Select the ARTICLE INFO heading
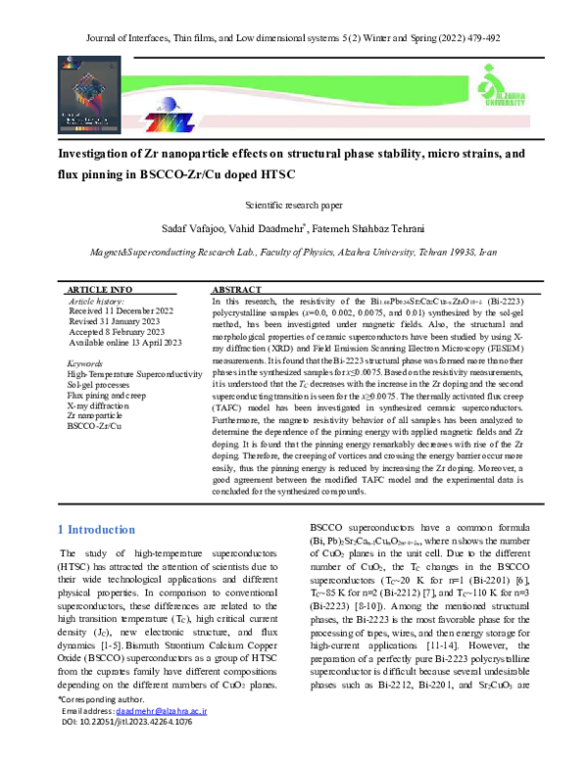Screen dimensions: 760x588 point(98,291)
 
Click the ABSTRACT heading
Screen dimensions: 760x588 point(237,291)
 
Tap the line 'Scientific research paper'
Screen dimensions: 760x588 point(293,206)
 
